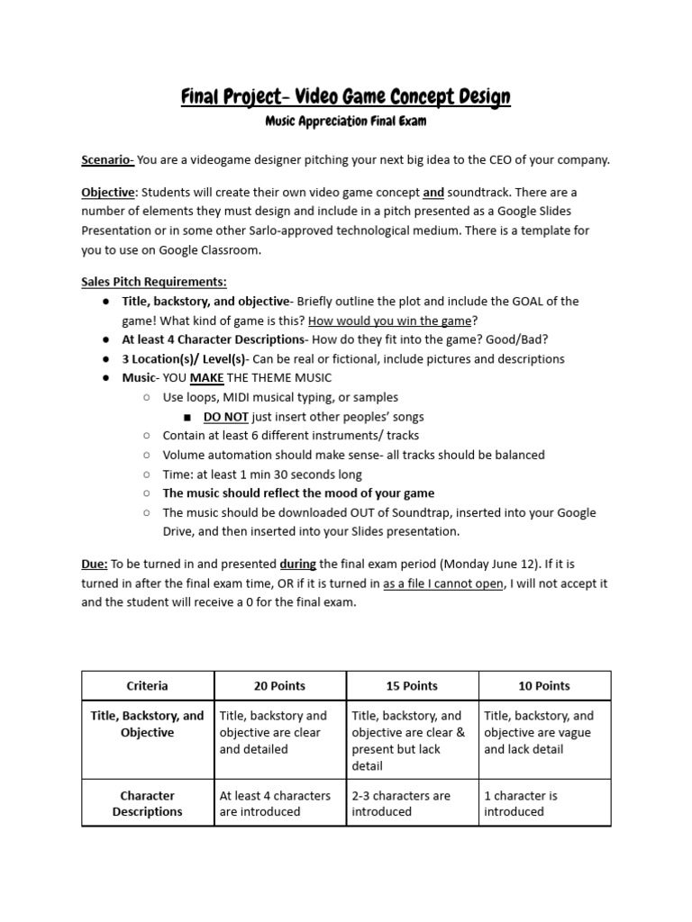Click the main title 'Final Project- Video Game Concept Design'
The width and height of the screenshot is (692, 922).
pos(346,96)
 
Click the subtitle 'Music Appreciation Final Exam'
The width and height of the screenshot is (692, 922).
pos(346,121)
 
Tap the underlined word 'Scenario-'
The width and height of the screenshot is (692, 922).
pos(107,160)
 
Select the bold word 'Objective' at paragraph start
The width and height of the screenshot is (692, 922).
pos(107,193)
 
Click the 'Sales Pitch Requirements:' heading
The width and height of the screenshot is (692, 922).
pos(154,281)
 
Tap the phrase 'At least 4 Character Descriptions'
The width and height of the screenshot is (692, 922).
pos(214,339)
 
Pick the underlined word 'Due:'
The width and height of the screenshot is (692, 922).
pos(95,565)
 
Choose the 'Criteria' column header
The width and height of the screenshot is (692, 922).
pos(147,686)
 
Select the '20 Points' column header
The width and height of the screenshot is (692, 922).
pos(279,686)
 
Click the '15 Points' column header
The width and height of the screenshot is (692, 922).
pos(412,686)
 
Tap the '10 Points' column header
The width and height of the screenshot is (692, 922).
pos(544,686)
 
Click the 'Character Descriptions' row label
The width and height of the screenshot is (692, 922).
pos(147,804)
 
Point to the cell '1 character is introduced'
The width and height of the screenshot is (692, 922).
pos(521,804)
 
